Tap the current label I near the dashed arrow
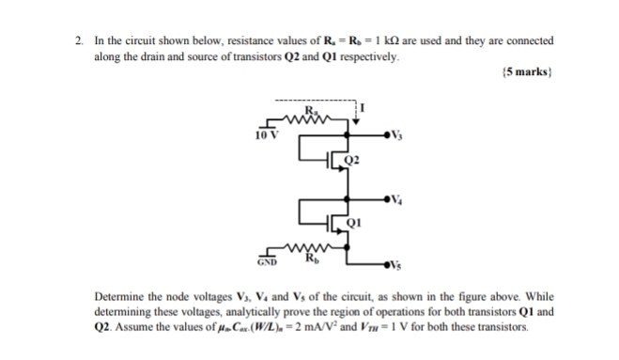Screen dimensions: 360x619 tap(363, 112)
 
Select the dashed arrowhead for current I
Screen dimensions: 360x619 tap(356, 119)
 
